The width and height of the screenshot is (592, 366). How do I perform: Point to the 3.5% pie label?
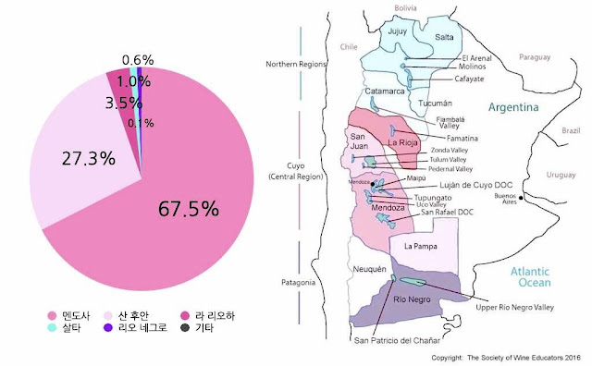(x=119, y=102)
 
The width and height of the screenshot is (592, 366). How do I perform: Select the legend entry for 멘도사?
(x=70, y=315)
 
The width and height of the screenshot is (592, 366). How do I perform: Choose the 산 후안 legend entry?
(x=139, y=315)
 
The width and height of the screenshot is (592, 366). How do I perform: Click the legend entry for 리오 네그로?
(x=141, y=329)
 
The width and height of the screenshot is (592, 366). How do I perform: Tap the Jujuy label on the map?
(x=398, y=30)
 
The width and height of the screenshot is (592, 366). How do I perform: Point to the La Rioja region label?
(x=402, y=143)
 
